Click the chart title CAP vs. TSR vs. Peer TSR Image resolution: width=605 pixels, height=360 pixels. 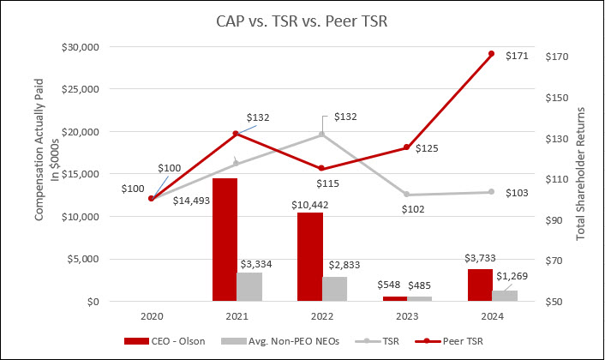302,21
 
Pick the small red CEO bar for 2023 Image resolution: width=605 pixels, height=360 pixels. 395,298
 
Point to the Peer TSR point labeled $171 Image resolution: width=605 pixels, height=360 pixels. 491,54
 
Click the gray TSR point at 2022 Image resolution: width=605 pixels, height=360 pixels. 321,134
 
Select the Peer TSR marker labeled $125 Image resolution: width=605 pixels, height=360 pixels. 406,147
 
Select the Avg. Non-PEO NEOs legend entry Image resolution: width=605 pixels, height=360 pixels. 279,341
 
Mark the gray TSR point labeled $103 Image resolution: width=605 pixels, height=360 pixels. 491,192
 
